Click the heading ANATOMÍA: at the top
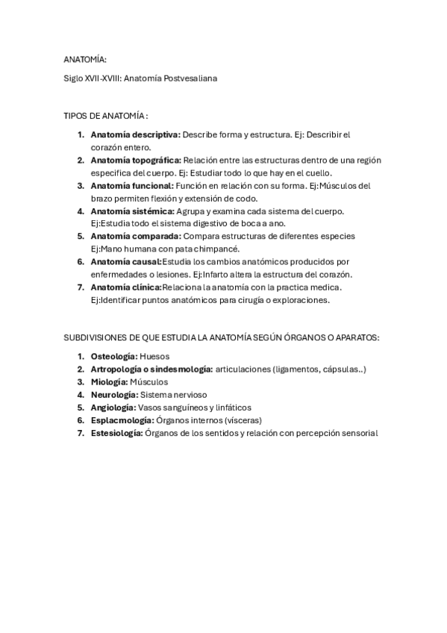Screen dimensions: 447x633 (x=85, y=59)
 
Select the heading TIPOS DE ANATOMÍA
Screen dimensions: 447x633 (x=105, y=116)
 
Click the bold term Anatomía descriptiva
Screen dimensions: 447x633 (x=135, y=134)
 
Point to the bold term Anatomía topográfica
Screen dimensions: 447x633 (x=135, y=160)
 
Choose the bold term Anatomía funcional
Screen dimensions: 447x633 (x=132, y=185)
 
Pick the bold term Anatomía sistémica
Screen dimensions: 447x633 (x=132, y=211)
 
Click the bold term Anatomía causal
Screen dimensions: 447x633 (x=125, y=262)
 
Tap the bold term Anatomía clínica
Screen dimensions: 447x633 (x=125, y=287)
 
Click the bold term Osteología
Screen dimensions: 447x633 (x=113, y=356)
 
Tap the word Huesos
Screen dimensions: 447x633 (x=154, y=356)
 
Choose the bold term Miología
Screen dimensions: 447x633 (x=109, y=381)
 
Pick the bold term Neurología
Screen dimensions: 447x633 (x=114, y=394)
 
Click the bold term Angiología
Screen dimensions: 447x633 (x=113, y=407)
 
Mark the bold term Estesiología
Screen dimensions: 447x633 (x=116, y=432)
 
